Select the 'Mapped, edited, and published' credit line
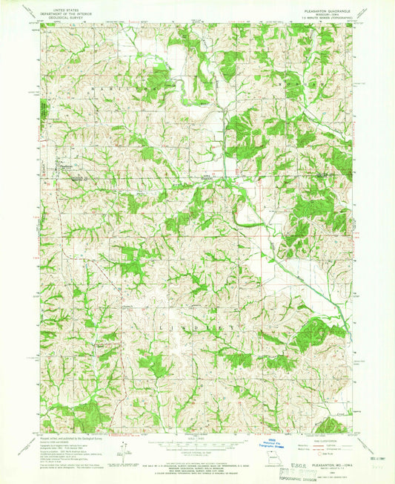point(67,438)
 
